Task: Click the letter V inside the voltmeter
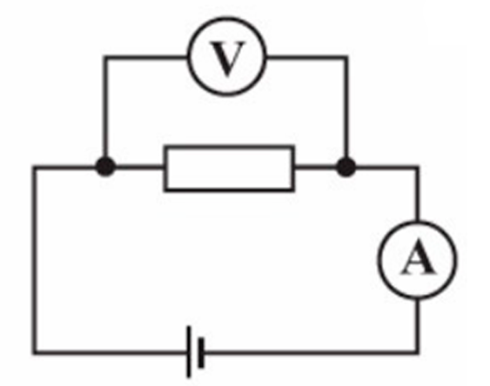tap(227, 58)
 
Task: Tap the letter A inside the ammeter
tap(418, 259)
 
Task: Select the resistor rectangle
tap(229, 168)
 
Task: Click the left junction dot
tap(105, 167)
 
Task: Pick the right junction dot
tap(346, 167)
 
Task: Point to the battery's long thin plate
tap(189, 352)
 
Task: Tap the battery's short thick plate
tap(201, 353)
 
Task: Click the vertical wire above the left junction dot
tap(105, 107)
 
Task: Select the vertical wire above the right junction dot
tap(346, 107)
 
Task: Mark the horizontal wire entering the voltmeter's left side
tap(146, 57)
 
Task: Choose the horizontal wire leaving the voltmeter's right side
tap(307, 57)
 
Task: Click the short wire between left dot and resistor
tap(139, 168)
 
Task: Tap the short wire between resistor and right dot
tap(315, 168)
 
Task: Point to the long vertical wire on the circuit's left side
tap(34, 260)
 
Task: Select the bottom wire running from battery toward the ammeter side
tap(312, 353)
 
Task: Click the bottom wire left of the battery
tap(110, 353)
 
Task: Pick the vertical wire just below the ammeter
tap(417, 326)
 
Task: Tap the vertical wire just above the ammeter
tap(417, 194)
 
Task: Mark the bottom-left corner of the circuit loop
tap(34, 353)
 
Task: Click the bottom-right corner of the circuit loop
tap(417, 353)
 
